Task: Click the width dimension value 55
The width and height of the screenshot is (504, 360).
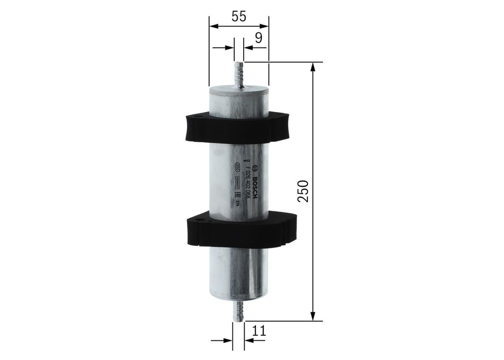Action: click(x=238, y=16)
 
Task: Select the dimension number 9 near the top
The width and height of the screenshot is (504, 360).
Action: click(x=258, y=38)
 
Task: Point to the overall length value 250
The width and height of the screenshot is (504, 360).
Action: click(x=303, y=191)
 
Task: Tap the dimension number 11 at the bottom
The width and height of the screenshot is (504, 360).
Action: click(x=259, y=331)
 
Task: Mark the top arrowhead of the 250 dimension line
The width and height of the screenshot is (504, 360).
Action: click(x=313, y=66)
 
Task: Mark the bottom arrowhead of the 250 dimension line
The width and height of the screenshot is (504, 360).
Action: click(x=313, y=317)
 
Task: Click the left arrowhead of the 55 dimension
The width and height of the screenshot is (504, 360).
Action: click(x=214, y=26)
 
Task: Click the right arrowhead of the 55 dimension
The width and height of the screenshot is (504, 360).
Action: click(x=265, y=26)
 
